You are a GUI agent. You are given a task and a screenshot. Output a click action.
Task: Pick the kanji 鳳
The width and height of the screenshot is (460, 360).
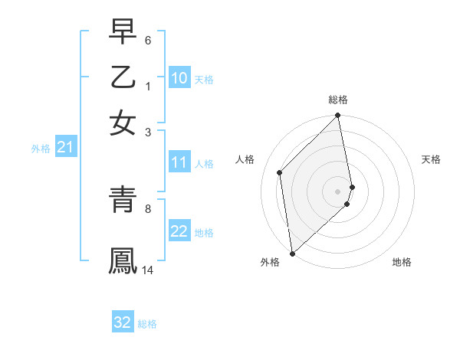tap(123, 260)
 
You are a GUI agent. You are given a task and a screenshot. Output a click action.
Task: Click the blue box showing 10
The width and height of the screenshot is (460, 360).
tap(179, 78)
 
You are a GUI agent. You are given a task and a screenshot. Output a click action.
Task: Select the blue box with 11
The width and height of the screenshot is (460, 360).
tap(179, 162)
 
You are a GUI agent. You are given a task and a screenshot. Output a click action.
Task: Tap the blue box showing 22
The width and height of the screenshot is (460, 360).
tap(179, 232)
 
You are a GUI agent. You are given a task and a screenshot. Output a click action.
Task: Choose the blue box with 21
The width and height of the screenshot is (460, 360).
tap(64, 148)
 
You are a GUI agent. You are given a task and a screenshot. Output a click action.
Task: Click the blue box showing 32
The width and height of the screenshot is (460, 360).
tap(123, 322)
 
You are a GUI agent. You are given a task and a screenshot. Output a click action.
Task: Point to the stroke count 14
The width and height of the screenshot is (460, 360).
tap(148, 270)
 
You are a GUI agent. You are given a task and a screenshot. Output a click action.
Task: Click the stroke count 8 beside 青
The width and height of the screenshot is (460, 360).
tap(147, 208)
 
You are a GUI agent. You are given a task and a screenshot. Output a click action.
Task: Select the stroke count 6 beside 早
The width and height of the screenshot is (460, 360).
tap(147, 39)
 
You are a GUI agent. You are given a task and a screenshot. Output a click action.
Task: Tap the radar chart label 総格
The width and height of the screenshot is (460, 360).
tap(338, 100)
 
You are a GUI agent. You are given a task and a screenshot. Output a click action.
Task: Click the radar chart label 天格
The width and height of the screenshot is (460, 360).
tap(432, 159)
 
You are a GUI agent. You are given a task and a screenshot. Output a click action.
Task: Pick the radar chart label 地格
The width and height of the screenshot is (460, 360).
tap(402, 262)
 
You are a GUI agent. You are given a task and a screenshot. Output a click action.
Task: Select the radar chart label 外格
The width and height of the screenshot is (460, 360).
tap(270, 262)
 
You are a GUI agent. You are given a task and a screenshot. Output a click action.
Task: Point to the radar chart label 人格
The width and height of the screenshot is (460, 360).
tap(245, 159)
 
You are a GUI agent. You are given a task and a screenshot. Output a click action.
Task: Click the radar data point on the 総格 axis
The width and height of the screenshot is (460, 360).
tap(338, 116)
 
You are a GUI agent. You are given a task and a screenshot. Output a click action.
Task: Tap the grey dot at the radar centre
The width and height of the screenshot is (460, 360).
tap(338, 191)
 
